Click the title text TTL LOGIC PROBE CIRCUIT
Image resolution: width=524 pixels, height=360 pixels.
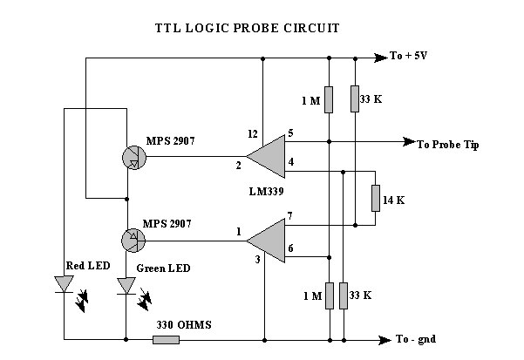click(x=247, y=28)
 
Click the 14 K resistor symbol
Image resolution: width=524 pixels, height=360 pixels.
click(x=376, y=198)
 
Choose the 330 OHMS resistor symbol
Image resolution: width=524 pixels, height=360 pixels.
click(x=167, y=339)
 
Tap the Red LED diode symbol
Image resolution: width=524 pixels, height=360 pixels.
click(x=64, y=285)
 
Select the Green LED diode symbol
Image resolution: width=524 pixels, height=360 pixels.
click(x=127, y=285)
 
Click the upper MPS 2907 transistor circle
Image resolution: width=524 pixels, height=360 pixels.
click(x=133, y=156)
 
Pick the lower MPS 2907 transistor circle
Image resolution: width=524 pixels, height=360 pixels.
click(x=133, y=237)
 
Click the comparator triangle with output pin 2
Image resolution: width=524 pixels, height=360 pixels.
click(x=267, y=156)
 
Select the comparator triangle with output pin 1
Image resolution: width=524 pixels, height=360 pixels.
click(x=267, y=240)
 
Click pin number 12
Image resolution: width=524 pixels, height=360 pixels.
click(x=254, y=133)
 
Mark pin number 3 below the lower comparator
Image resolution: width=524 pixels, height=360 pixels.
click(x=257, y=260)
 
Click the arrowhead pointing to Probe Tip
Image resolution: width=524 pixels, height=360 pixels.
click(x=406, y=142)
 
